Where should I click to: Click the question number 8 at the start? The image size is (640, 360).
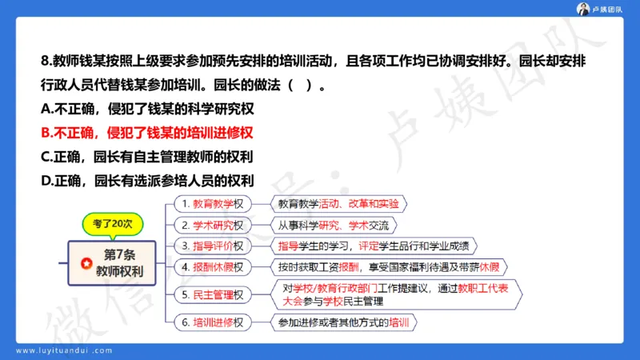click(45, 61)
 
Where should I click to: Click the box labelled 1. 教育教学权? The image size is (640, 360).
click(214, 203)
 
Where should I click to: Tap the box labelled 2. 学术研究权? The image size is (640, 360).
click(214, 225)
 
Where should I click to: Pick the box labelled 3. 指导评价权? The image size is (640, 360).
click(214, 246)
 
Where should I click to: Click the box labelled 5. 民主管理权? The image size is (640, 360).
click(214, 294)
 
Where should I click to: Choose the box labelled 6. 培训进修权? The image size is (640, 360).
click(214, 323)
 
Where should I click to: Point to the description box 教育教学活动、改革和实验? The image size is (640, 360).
click(338, 203)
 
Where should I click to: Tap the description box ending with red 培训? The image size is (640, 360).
click(343, 323)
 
